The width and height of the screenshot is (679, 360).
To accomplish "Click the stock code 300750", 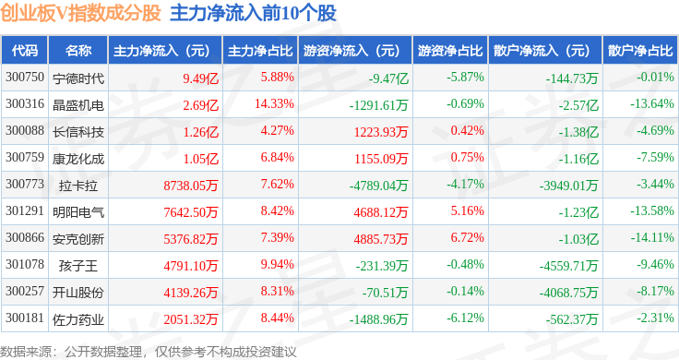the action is pyautogui.click(x=25, y=78).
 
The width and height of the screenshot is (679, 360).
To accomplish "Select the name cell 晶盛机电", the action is pyautogui.click(x=78, y=105).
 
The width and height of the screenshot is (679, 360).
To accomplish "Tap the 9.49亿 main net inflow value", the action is pyautogui.click(x=200, y=78).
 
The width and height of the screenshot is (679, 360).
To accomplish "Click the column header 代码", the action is pyautogui.click(x=25, y=50).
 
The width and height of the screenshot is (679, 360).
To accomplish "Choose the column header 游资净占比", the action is pyautogui.click(x=450, y=50).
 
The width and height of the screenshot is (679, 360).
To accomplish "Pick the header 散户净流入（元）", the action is pyautogui.click(x=544, y=50).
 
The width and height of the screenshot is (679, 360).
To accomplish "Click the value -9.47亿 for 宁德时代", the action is pyautogui.click(x=388, y=78).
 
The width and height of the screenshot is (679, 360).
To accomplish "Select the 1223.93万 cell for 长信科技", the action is pyautogui.click(x=381, y=132).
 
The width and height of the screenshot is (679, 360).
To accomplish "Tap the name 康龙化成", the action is pyautogui.click(x=78, y=159).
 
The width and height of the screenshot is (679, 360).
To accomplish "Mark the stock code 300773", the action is pyautogui.click(x=25, y=184).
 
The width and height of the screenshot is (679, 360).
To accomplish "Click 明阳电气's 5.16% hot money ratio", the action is pyautogui.click(x=467, y=211).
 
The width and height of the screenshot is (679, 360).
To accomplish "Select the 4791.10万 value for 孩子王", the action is pyautogui.click(x=191, y=266).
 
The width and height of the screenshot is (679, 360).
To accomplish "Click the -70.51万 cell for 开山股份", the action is pyautogui.click(x=385, y=293).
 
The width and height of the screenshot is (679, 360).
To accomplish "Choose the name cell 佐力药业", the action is pyautogui.click(x=78, y=319).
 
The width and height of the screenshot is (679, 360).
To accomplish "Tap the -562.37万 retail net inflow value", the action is pyautogui.click(x=572, y=319).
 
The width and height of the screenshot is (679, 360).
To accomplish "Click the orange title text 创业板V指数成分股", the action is pyautogui.click(x=80, y=13).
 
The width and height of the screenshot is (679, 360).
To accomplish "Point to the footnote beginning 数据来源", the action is pyautogui.click(x=149, y=352).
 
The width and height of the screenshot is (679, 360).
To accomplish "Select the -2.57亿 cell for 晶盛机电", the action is pyautogui.click(x=578, y=105).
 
